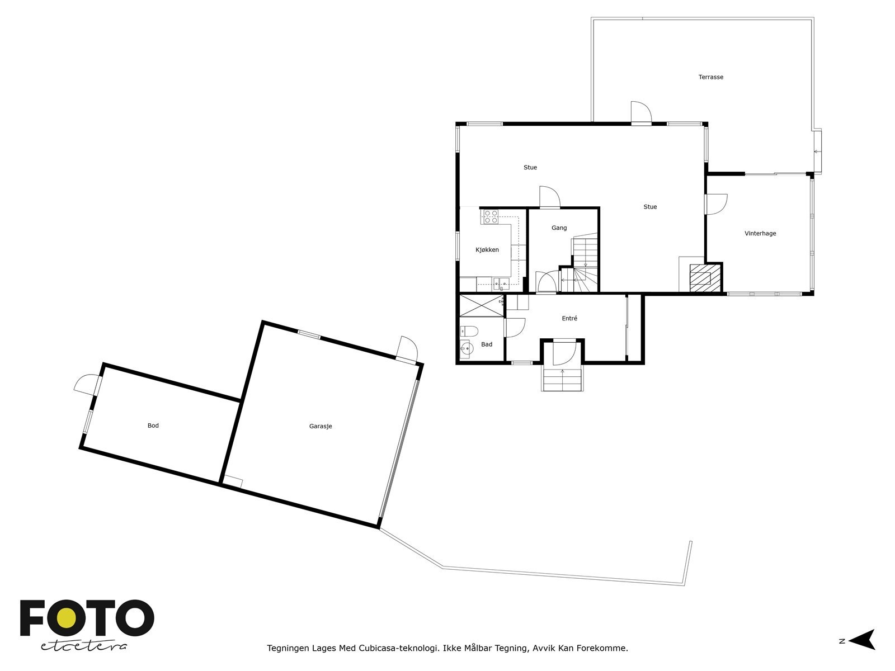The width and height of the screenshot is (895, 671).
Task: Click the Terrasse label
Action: click(710, 77)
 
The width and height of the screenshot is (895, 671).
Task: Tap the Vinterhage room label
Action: click(760, 234)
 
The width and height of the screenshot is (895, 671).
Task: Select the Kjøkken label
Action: click(487, 250)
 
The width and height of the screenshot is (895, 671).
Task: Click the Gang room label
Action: click(559, 228)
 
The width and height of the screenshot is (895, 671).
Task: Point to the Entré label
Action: click(569, 319)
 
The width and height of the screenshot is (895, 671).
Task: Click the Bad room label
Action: click(487, 344)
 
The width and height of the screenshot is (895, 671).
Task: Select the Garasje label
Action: click(321, 426)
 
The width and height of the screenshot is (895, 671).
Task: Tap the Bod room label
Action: click(153, 426)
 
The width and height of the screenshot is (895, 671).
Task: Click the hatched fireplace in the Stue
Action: click(704, 277)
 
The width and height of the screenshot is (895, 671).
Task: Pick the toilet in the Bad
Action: click(468, 331)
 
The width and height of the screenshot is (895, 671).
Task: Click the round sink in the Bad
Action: click(465, 350)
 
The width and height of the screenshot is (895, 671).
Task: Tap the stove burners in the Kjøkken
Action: click(491, 216)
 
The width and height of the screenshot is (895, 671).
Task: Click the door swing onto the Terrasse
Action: click(640, 112)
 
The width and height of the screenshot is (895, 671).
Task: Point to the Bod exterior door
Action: click(86, 385)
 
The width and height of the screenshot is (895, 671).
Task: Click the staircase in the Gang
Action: click(585, 263)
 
